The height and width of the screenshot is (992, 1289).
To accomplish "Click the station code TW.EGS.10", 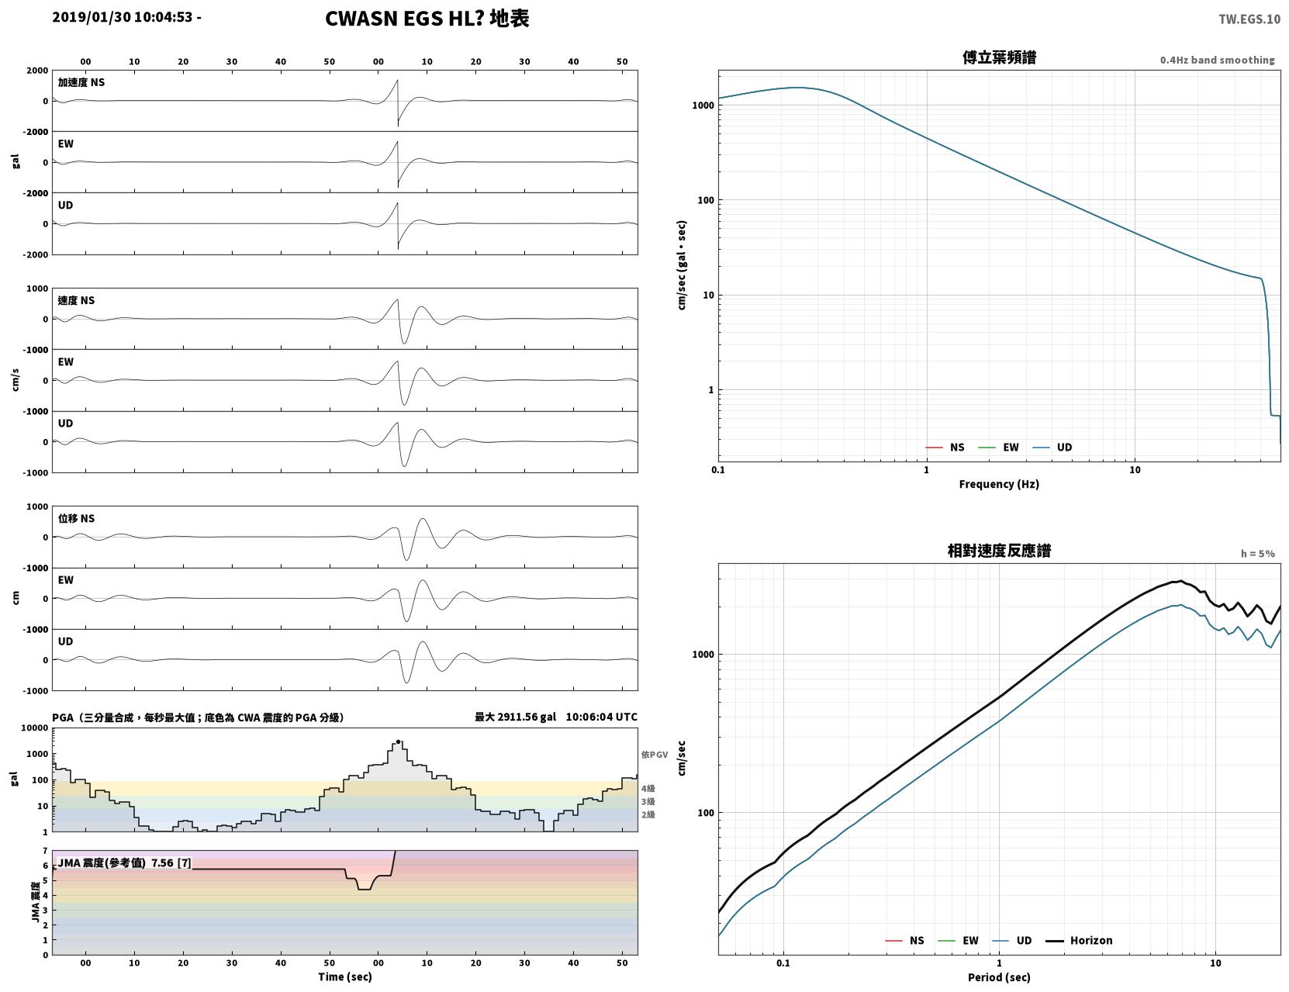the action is coord(1249,19).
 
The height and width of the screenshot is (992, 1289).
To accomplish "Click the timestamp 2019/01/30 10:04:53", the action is coord(123,17).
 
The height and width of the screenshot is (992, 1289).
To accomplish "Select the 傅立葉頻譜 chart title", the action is coord(998,57).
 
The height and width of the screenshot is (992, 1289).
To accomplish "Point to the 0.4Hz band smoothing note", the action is coord(1217,60).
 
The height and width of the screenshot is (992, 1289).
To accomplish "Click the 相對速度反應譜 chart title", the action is coord(998,550).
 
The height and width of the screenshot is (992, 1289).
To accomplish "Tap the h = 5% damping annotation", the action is coord(1257,553).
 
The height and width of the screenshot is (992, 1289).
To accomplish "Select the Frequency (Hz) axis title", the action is coord(998,484).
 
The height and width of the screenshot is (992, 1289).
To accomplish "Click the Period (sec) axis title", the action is coord(998,976).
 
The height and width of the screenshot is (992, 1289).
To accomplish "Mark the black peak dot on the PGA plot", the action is coord(398,741).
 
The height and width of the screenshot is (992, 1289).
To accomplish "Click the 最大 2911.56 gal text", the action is coord(515,717).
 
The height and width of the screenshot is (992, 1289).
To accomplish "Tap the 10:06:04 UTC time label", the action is coord(601,717).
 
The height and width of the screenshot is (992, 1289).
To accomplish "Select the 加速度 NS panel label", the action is coord(81,82).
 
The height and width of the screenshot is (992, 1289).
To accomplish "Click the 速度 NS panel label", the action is coord(76,301).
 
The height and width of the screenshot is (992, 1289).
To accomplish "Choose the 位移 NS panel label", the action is coord(76,518).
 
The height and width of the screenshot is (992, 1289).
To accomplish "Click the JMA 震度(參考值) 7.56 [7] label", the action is coord(124,862).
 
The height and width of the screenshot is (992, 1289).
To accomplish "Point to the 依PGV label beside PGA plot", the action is coord(654,754).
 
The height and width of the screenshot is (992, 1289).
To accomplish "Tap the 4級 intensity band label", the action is coord(647,788).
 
